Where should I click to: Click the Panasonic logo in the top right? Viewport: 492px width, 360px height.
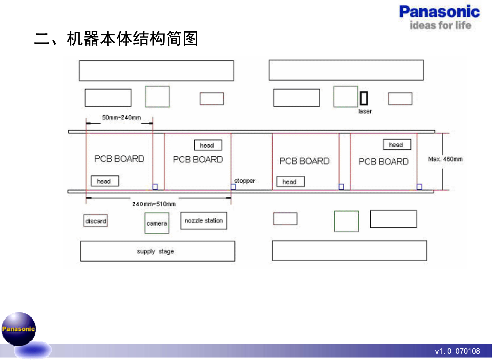[x=439, y=12]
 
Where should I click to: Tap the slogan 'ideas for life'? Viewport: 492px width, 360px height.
[x=440, y=25]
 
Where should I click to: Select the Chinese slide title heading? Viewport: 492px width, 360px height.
[x=116, y=39]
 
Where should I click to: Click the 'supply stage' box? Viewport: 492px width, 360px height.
[x=157, y=251]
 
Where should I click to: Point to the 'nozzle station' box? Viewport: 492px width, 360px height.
[x=204, y=221]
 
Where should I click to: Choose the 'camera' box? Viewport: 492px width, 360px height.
[x=157, y=223]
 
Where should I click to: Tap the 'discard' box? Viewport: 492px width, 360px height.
[x=96, y=221]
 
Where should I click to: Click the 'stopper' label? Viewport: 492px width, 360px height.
[x=245, y=181]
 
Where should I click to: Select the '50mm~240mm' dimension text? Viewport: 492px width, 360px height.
[x=121, y=117]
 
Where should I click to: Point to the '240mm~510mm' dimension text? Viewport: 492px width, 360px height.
[x=154, y=204]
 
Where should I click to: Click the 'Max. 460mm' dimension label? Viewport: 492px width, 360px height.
[x=445, y=159]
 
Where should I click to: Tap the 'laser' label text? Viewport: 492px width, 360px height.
[x=365, y=111]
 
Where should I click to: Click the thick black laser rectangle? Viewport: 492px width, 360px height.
[x=364, y=98]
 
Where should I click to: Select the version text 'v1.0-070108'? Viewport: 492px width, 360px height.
[x=457, y=351]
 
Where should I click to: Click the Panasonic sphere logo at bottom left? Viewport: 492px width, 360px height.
[x=19, y=329]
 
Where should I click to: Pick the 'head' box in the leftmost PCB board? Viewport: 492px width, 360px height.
[x=105, y=181]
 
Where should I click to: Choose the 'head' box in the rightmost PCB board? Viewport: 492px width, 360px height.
[x=397, y=145]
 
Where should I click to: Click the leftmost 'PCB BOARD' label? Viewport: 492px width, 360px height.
[x=119, y=159]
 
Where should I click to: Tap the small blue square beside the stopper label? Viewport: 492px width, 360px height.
[x=233, y=187]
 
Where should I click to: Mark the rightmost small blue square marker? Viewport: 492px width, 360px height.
[x=419, y=187]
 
